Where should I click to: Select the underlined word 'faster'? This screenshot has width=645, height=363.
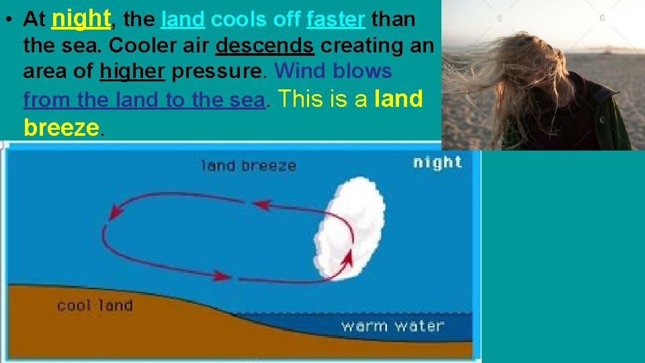(x=336, y=20)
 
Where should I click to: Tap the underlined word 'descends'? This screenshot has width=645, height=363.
(x=265, y=46)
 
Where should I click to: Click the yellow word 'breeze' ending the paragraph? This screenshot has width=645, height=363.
(x=60, y=127)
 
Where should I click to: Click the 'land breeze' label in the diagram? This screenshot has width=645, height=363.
(x=248, y=165)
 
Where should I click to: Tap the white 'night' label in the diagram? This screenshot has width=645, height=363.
(x=437, y=162)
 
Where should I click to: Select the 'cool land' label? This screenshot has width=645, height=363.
(x=94, y=306)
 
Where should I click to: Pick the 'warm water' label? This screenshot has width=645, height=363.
(x=392, y=327)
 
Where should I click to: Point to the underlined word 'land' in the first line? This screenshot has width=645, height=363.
(x=183, y=20)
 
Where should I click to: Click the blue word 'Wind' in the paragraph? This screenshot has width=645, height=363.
(x=300, y=71)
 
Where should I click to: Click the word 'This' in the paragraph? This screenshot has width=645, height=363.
(x=304, y=99)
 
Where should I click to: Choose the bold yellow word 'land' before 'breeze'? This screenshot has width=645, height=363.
(x=398, y=99)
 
